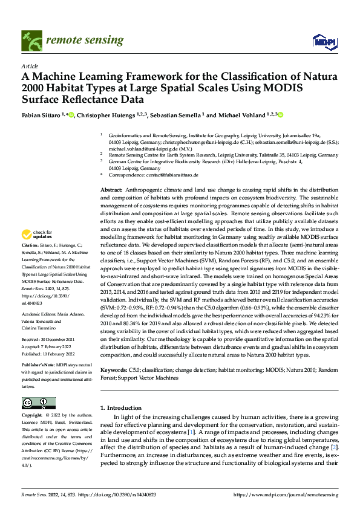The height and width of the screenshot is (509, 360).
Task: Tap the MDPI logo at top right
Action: point(323,41)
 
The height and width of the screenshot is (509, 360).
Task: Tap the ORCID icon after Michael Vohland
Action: point(264,114)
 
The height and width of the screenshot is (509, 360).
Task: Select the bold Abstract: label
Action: point(111,190)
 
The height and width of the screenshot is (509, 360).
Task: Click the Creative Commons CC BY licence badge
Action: point(38,403)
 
